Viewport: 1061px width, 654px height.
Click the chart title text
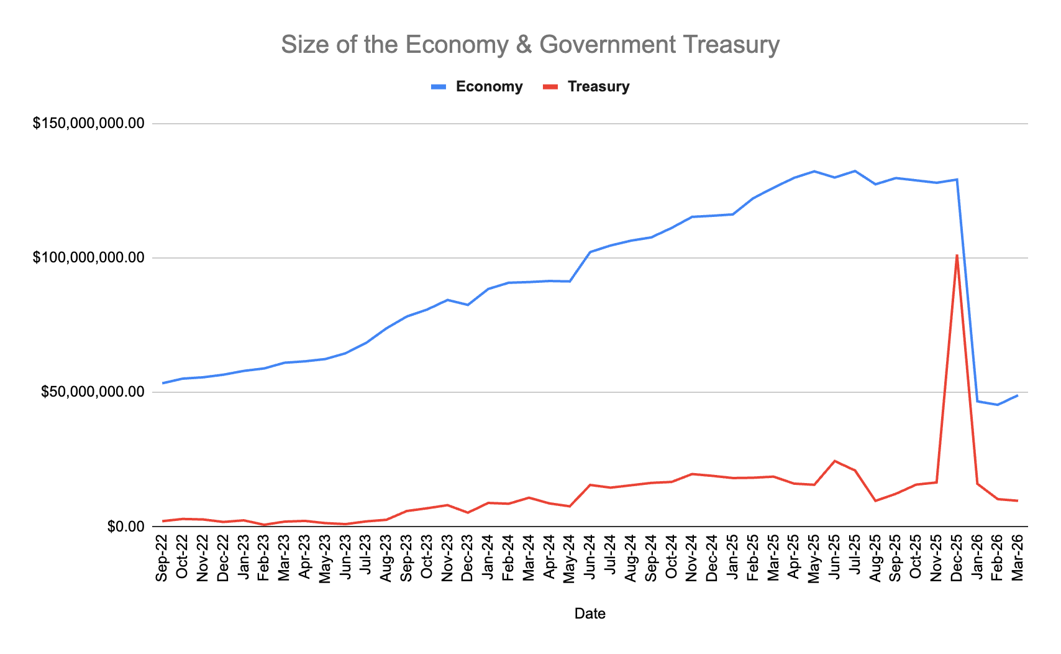(x=530, y=45)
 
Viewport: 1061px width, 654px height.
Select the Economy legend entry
(x=488, y=86)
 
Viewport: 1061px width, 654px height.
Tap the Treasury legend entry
(x=598, y=86)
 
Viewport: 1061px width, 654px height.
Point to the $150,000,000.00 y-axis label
(x=89, y=124)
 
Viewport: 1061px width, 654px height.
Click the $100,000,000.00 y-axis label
(x=89, y=258)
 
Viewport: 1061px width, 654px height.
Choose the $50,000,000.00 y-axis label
(x=93, y=392)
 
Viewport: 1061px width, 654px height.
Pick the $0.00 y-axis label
(x=125, y=527)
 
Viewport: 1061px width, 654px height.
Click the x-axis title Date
(x=590, y=614)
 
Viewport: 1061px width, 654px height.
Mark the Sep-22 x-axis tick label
(x=162, y=558)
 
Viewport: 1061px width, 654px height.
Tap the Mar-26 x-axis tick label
(x=1018, y=558)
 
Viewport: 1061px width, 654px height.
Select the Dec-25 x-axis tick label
(x=957, y=558)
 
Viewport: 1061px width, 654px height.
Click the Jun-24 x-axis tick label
(x=590, y=558)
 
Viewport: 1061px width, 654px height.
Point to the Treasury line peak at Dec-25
(x=957, y=256)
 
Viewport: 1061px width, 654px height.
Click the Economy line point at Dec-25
(x=957, y=180)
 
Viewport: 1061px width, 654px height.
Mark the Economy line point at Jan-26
(x=977, y=402)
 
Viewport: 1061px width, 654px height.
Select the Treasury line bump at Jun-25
(x=834, y=461)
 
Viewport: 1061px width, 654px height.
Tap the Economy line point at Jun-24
(x=590, y=252)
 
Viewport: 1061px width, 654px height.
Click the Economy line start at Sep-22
(x=163, y=383)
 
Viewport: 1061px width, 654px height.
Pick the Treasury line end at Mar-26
(x=1018, y=500)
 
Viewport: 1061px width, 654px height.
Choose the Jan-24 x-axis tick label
(x=488, y=558)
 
